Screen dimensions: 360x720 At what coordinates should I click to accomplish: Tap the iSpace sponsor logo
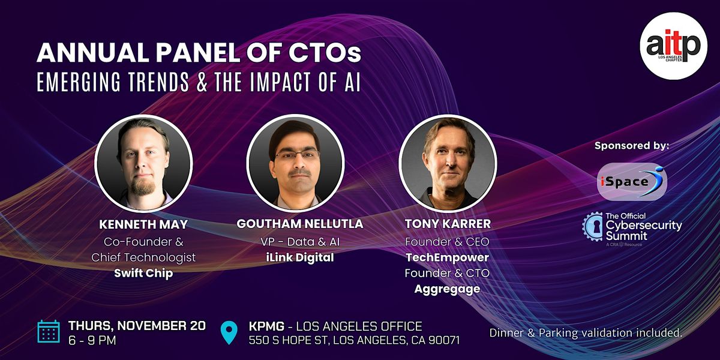632,181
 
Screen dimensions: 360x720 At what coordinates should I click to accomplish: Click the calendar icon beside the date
49,332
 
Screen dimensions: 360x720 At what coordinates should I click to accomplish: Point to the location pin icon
229,332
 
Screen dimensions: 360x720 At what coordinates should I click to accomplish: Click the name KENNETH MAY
143,224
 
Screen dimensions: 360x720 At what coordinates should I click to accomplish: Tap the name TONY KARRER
447,224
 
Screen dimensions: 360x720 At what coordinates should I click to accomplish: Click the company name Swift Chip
143,273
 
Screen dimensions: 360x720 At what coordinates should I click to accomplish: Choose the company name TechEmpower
447,257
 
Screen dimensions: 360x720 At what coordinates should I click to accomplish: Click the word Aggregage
447,289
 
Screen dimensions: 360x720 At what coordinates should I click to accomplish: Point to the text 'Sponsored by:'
631,146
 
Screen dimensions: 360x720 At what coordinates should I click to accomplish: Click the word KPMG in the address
265,327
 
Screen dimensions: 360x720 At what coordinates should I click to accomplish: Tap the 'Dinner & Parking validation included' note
586,332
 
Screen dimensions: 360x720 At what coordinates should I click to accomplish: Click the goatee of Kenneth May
143,188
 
